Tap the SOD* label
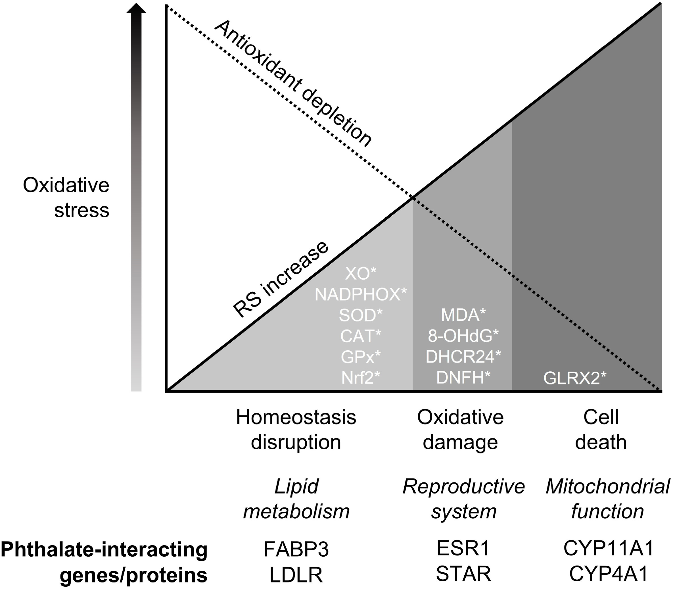click(361, 316)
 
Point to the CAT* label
click(361, 336)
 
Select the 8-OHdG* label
click(463, 336)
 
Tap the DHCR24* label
click(463, 357)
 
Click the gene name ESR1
click(463, 549)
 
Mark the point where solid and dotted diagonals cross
click(413, 197)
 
